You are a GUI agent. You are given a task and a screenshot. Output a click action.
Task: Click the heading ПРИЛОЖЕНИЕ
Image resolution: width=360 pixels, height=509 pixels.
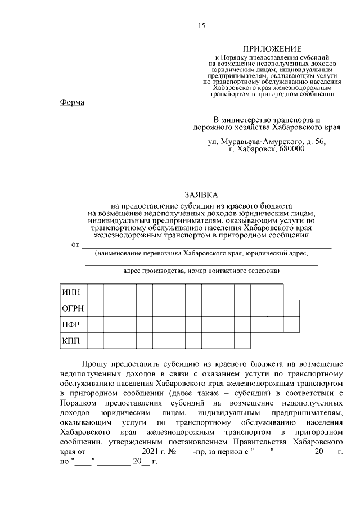272,49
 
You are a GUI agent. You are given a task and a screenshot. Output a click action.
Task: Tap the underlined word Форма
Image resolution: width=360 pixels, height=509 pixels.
71,102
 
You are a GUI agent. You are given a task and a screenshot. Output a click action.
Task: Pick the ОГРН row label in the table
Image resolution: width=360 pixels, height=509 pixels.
73,309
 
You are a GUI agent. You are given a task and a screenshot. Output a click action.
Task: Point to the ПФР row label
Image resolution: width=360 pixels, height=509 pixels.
72,325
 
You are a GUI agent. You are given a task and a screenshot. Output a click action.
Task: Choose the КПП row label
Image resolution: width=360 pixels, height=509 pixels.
72,341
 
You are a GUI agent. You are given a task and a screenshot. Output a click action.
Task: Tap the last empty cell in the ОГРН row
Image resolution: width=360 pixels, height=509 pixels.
291,309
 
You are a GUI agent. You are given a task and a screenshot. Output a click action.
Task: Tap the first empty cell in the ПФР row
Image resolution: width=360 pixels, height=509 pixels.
95,325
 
